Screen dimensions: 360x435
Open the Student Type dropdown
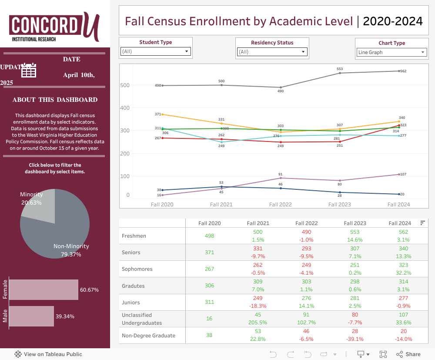pos(156,51)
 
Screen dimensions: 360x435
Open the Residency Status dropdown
pos(272,52)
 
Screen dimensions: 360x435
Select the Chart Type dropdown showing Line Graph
pos(391,52)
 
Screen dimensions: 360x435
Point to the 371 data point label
pos(157,114)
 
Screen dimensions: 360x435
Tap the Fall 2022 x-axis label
pos(280,204)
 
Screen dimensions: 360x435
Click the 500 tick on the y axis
pos(125,85)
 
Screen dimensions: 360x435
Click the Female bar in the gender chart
pos(43,290)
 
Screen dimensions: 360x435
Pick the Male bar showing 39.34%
pos(31,316)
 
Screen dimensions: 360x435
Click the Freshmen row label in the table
pos(134,236)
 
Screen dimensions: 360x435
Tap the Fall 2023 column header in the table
pos(355,223)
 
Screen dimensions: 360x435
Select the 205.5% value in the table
pos(258,323)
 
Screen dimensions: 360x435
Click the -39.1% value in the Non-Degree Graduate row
pos(355,340)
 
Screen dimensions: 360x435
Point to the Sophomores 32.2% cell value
pos(400,273)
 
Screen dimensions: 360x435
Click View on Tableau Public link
pos(48,354)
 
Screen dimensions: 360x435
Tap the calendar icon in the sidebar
pos(29,71)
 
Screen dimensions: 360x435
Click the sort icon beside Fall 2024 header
pos(422,223)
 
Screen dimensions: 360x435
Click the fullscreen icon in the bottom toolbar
pos(383,354)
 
